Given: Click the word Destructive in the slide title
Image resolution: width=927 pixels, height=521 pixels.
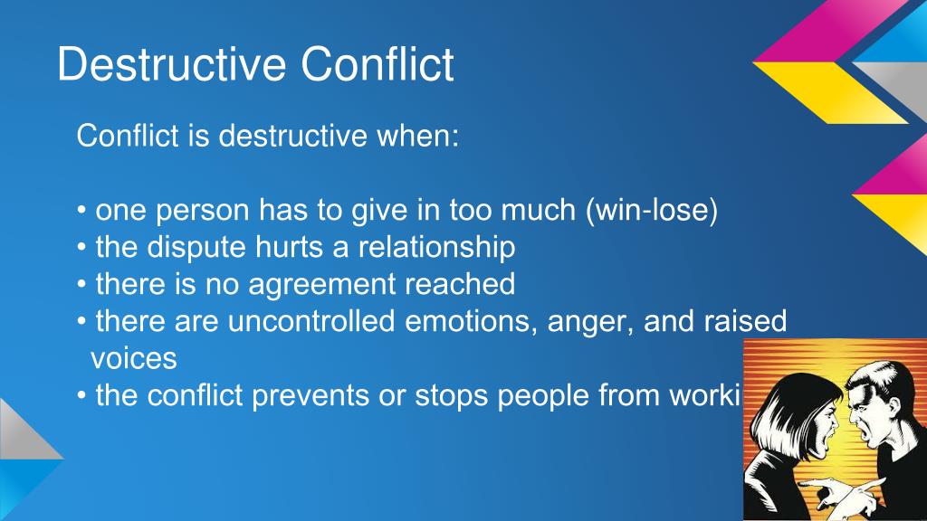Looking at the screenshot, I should pyautogui.click(x=172, y=66).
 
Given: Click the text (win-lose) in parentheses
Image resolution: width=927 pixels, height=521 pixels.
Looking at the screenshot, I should pyautogui.click(x=652, y=211).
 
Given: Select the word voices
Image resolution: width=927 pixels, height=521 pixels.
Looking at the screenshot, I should pyautogui.click(x=133, y=359).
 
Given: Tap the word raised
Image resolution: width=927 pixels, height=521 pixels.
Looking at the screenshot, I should pyautogui.click(x=748, y=322).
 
